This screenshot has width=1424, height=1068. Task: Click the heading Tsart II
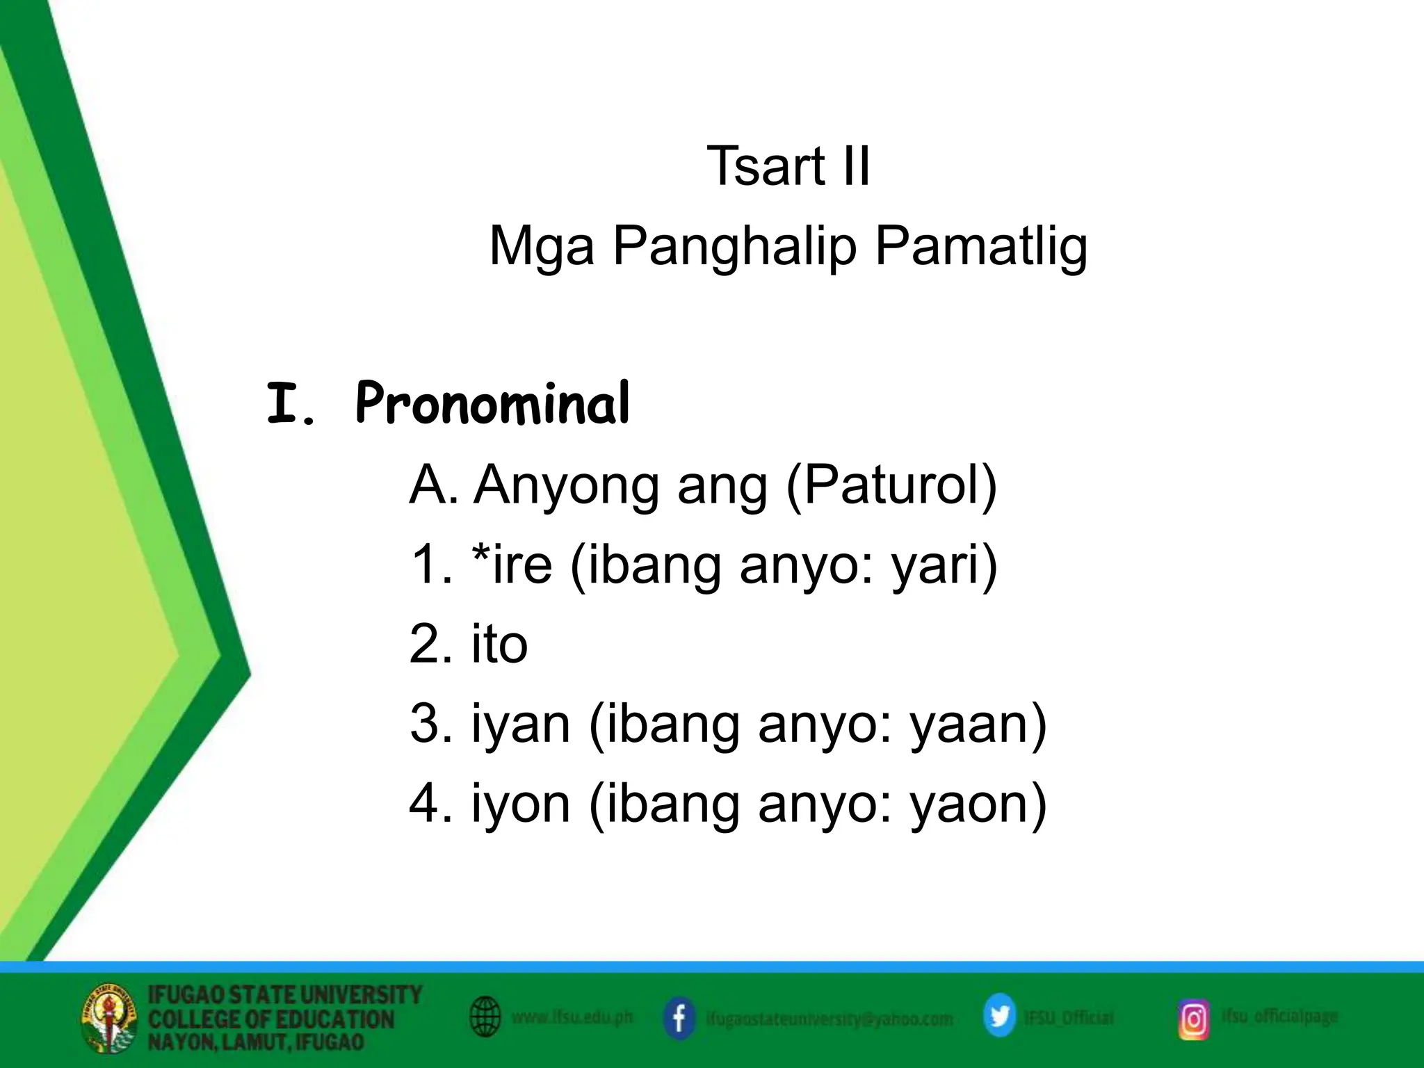788,167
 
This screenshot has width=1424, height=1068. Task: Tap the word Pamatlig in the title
980,247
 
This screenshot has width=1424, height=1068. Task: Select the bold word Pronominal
492,404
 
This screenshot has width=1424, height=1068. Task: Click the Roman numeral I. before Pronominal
291,405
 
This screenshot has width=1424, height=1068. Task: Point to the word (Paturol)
891,485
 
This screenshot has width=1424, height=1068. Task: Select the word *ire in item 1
512,564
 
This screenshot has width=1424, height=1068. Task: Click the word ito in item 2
499,644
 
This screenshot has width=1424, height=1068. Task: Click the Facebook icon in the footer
679,1019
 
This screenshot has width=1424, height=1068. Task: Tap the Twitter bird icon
999,1017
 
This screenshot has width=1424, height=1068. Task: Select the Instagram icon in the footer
1193,1019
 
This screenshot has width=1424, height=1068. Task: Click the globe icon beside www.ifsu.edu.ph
485,1017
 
